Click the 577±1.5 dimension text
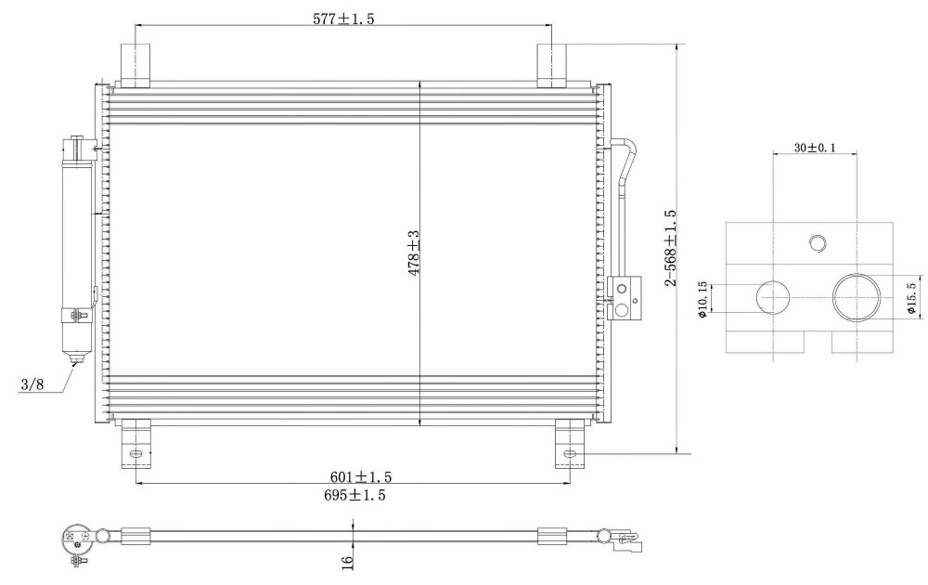tap(343, 19)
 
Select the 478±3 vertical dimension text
tap(413, 253)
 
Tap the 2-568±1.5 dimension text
tap(670, 248)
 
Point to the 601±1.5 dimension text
tap(360, 476)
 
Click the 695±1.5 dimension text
tap(354, 495)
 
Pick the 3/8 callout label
tap(32, 384)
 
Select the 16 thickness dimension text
tap(347, 560)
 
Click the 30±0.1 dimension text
tap(815, 148)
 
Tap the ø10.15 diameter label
tap(702, 299)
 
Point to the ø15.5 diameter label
tap(912, 298)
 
